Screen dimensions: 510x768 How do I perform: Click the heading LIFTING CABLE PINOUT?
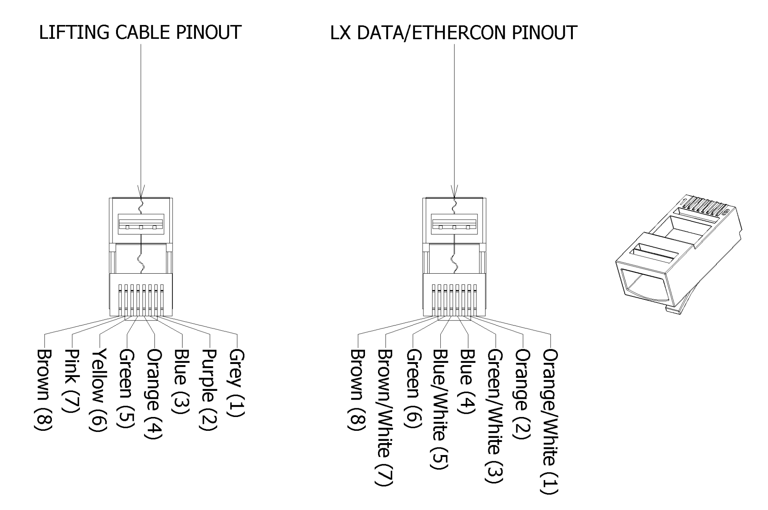pos(140,32)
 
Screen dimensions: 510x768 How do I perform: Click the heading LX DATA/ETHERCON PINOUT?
pos(453,32)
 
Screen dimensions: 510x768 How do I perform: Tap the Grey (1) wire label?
pos(237,383)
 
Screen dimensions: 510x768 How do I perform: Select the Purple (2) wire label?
pos(209,390)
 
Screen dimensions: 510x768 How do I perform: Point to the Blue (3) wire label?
pos(182,382)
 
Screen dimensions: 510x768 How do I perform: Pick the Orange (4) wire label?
pos(154,394)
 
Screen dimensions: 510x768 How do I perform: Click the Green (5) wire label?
pos(127,388)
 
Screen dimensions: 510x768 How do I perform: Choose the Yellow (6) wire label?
pos(100,390)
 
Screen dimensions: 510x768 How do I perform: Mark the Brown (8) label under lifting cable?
pos(45,390)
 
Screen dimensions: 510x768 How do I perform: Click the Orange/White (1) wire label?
pos(550,421)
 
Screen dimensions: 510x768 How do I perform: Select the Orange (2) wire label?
pos(523,394)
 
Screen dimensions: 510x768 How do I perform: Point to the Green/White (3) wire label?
pos(495,415)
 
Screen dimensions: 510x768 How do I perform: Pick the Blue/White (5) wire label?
pos(440,409)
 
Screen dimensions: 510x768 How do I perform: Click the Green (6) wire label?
pos(413,388)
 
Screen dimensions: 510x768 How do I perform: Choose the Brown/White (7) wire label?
pos(385,417)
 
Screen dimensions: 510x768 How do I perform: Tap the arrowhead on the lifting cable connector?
pos(141,191)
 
